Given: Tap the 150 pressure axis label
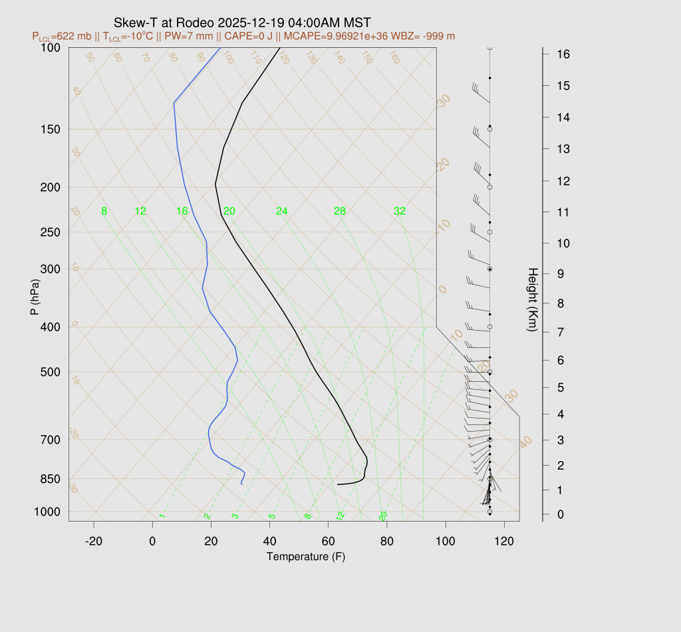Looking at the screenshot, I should click(x=51, y=129).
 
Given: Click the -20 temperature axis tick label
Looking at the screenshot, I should click(x=94, y=542).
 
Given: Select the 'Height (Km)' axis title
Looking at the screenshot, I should click(x=532, y=301).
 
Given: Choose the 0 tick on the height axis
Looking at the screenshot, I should click(x=544, y=514).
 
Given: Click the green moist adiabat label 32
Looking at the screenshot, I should click(x=399, y=212).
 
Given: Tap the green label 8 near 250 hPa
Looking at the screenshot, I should click(x=104, y=212).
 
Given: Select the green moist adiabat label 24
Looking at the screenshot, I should click(x=282, y=212).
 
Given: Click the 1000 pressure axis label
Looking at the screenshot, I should click(x=48, y=512).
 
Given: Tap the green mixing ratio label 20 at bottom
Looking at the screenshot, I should click(x=383, y=516).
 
